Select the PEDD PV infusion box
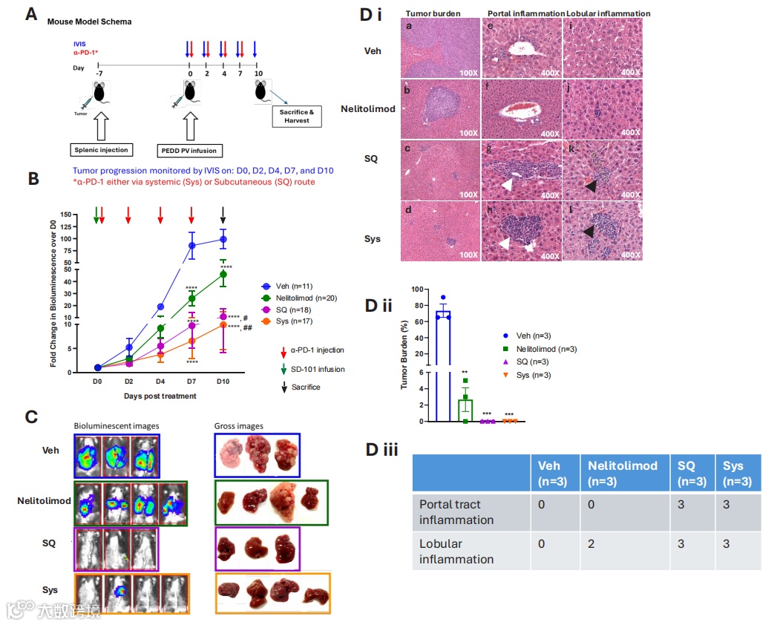tap(189, 151)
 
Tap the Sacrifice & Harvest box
tap(297, 116)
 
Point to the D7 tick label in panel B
tap(191, 381)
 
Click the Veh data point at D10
tap(223, 239)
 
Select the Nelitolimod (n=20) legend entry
tap(296, 298)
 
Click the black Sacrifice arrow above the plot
tap(223, 215)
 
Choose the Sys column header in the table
tap(738, 473)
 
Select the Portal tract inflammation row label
tap(456, 511)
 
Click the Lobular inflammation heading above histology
tap(609, 13)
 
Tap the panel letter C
tap(32, 416)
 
